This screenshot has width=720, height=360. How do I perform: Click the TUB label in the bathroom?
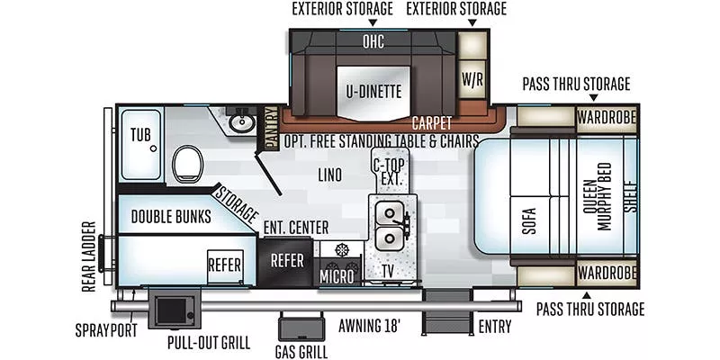[140, 135]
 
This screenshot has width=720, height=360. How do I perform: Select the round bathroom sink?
[240, 121]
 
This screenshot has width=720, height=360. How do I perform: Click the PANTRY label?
[269, 127]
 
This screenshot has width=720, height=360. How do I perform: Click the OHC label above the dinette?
[373, 41]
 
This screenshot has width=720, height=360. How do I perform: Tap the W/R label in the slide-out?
[472, 77]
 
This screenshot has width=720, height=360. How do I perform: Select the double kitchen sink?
[391, 225]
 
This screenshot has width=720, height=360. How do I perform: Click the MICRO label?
[337, 275]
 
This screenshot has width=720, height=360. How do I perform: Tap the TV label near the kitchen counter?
[388, 270]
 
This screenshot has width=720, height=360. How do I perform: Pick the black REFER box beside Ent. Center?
[287, 260]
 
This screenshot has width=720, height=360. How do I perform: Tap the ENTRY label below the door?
[495, 326]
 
